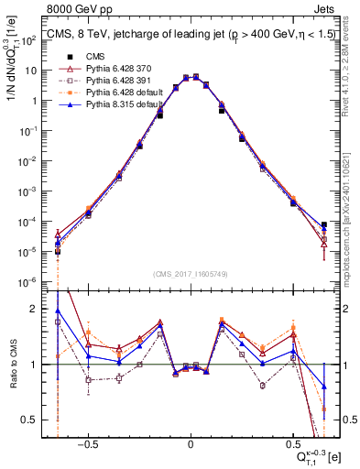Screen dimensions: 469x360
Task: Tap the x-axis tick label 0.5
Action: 292,442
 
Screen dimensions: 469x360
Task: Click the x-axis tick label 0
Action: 191,442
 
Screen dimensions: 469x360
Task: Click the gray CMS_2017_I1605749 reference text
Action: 191,275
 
